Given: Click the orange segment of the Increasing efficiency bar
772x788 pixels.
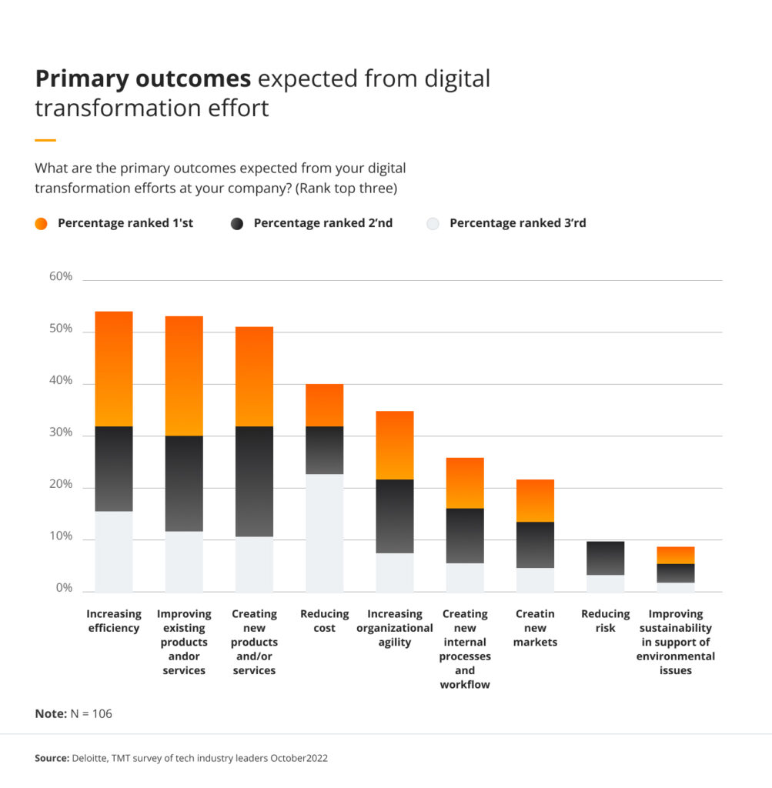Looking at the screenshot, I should click(x=114, y=369).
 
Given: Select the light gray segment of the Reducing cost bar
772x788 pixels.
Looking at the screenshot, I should click(x=324, y=533).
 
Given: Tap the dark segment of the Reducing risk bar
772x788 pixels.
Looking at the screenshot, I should click(x=605, y=558).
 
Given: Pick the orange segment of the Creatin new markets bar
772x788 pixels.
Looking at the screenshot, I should click(x=535, y=500).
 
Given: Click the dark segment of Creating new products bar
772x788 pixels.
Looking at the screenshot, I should click(x=254, y=481).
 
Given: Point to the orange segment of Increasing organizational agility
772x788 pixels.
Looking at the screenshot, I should click(x=394, y=445).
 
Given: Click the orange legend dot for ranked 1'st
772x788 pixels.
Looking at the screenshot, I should click(x=42, y=224).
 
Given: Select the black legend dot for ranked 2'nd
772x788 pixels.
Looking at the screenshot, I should click(x=237, y=224).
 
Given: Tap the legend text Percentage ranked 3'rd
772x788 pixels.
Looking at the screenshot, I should click(x=517, y=223).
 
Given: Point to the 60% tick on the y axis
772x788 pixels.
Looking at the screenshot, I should click(x=61, y=276).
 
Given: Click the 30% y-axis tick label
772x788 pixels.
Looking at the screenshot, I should click(x=61, y=432).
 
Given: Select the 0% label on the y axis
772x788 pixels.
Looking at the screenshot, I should click(x=64, y=589).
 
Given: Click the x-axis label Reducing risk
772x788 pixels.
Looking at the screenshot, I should click(x=605, y=621).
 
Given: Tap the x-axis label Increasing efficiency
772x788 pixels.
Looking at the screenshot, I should click(x=114, y=621).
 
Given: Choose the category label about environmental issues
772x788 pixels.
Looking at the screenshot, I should click(x=675, y=642).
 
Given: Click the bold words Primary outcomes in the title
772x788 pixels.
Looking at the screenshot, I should click(x=143, y=79).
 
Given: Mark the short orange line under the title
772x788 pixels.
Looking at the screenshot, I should click(x=45, y=140).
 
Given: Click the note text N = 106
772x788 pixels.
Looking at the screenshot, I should click(x=92, y=713).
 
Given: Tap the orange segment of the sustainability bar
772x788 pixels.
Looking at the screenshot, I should click(x=675, y=555).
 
